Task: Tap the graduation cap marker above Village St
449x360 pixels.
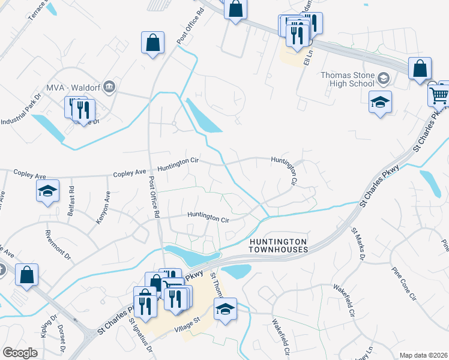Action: tap(225, 310)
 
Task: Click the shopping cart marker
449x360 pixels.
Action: tap(439, 95)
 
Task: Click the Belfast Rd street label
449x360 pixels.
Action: tap(71, 197)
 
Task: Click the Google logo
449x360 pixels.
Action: tap(20, 353)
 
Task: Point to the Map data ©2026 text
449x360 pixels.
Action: tap(423, 355)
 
